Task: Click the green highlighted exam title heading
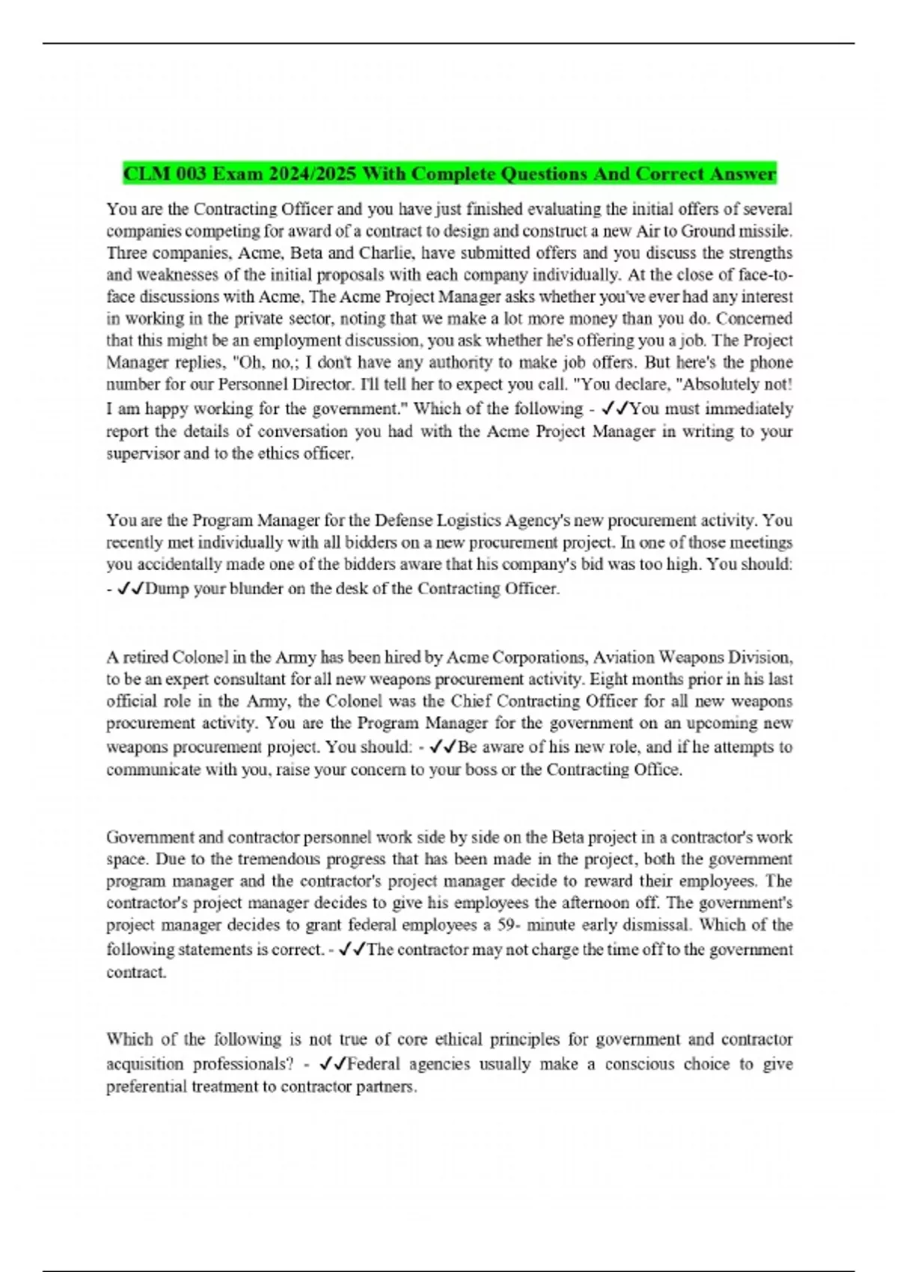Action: coord(449,174)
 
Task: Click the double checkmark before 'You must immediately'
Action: coord(616,409)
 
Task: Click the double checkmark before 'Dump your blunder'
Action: coord(131,589)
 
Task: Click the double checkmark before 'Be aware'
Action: coord(443,747)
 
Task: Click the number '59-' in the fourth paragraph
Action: coord(509,925)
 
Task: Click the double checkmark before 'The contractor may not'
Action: coord(352,950)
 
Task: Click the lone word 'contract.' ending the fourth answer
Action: coord(136,972)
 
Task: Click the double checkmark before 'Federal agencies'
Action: coord(332,1064)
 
